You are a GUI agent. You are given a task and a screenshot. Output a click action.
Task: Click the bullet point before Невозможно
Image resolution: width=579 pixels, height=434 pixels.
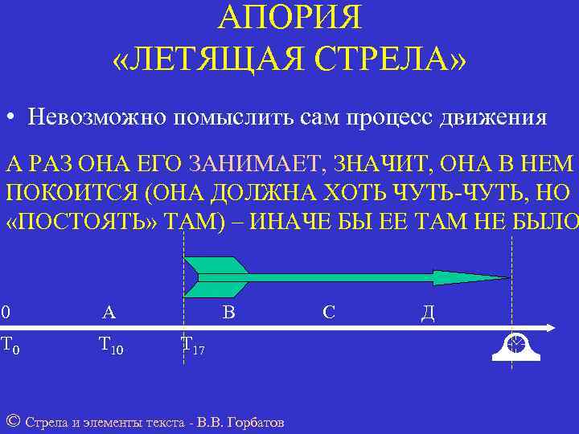[10, 118]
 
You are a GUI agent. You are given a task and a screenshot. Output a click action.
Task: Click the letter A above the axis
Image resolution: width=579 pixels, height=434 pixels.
[109, 312]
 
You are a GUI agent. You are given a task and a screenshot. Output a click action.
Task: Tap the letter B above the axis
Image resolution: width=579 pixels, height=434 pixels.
[228, 312]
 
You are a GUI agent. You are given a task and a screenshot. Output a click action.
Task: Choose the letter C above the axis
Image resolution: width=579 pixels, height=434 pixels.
[328, 312]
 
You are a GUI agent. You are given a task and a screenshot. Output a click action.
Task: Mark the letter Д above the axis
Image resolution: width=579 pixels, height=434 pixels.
[428, 313]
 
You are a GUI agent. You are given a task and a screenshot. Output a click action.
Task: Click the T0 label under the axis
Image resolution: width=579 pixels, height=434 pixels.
[10, 346]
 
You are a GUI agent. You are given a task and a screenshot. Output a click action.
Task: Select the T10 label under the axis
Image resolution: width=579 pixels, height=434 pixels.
[110, 346]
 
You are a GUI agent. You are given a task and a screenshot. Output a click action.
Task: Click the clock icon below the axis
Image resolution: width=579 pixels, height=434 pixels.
[515, 344]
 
